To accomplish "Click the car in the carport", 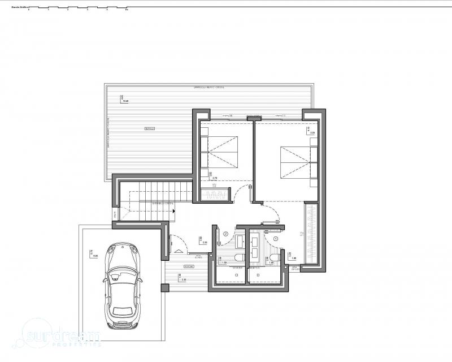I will click(122, 286).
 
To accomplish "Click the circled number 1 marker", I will click(276, 239).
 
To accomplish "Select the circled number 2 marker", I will click(225, 233).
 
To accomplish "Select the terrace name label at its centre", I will click(150, 130).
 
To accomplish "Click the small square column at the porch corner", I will click(164, 288).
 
